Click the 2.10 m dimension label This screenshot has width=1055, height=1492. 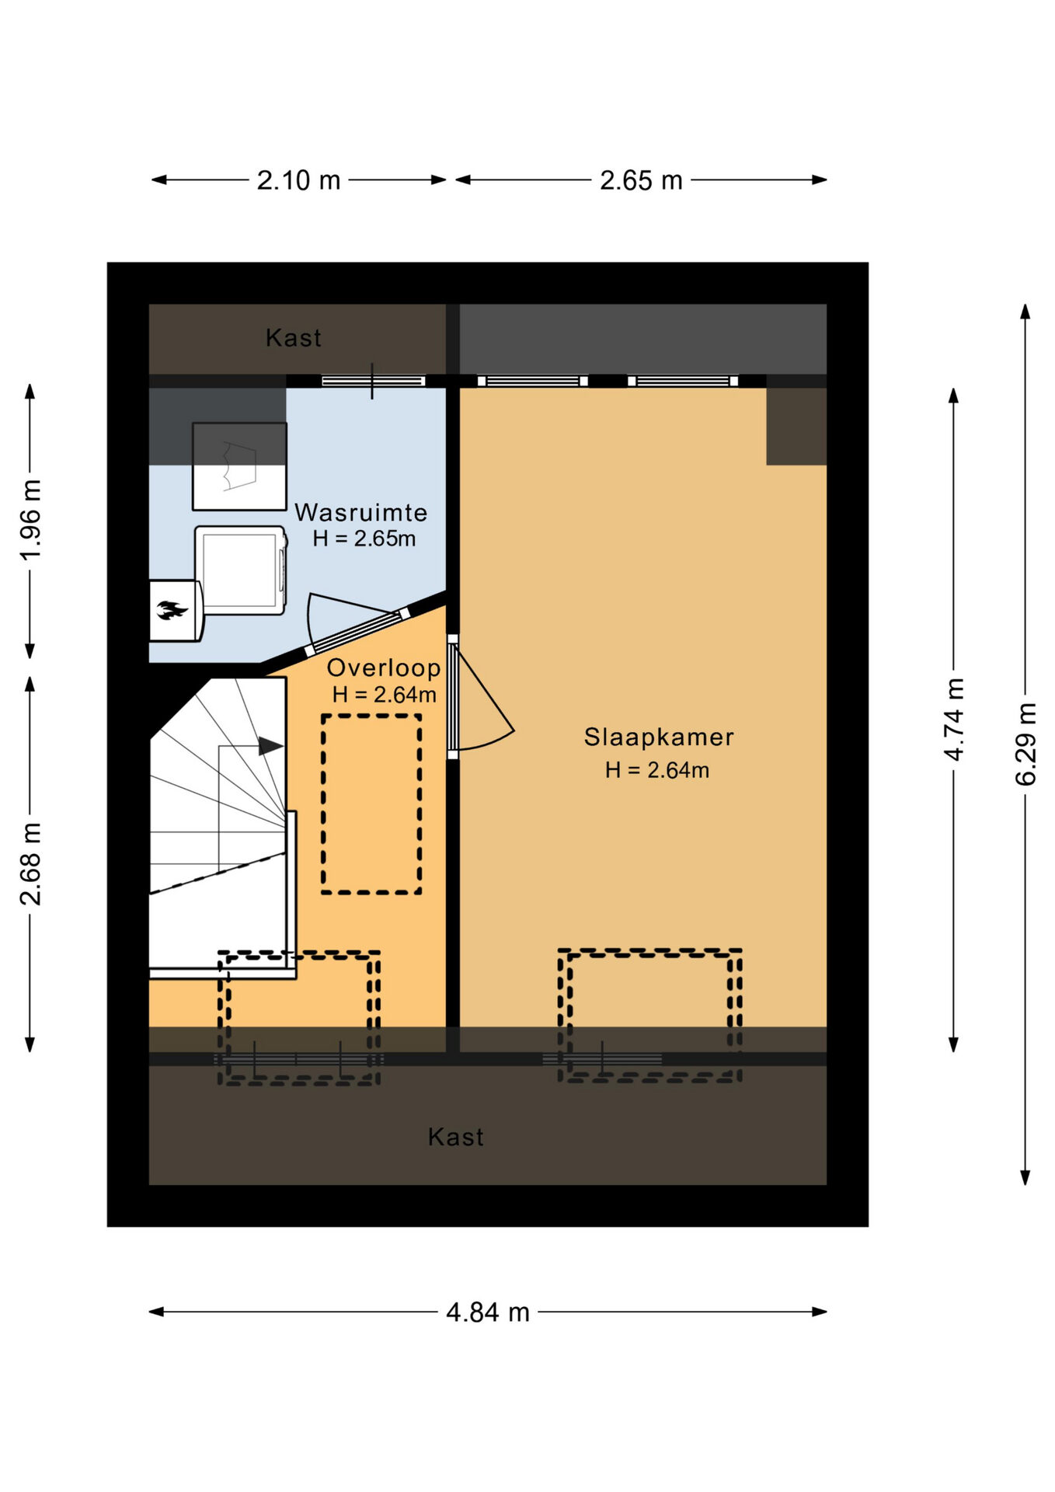point(298,180)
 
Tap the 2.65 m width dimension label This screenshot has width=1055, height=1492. point(641,180)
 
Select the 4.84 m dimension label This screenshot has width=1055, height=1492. point(488,1312)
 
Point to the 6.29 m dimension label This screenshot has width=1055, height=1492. point(1025,744)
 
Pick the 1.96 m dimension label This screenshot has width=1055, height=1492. point(30,520)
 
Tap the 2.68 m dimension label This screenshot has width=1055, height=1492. point(30,863)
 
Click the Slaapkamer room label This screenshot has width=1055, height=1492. point(659,737)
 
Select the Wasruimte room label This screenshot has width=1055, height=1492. point(361,512)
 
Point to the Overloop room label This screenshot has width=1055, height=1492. point(384,668)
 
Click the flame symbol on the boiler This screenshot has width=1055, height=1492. point(172,610)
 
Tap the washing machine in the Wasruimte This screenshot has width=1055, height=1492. point(241,570)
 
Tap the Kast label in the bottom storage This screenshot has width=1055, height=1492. point(456,1137)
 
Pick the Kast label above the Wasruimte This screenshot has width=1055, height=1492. point(294,337)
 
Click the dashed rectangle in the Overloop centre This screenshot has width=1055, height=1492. point(372,804)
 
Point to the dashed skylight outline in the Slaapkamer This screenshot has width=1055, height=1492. point(649,1016)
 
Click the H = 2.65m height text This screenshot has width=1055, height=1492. point(364,539)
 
